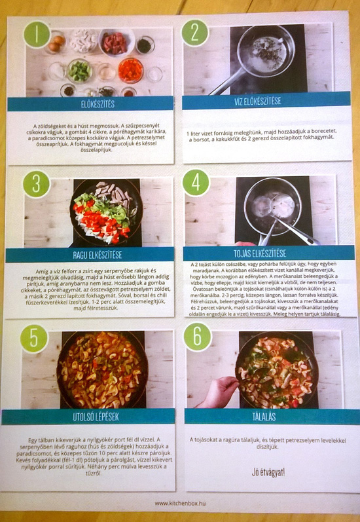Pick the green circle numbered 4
pos(196,182)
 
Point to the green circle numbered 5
pos(33,338)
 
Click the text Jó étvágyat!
pos(268,471)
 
